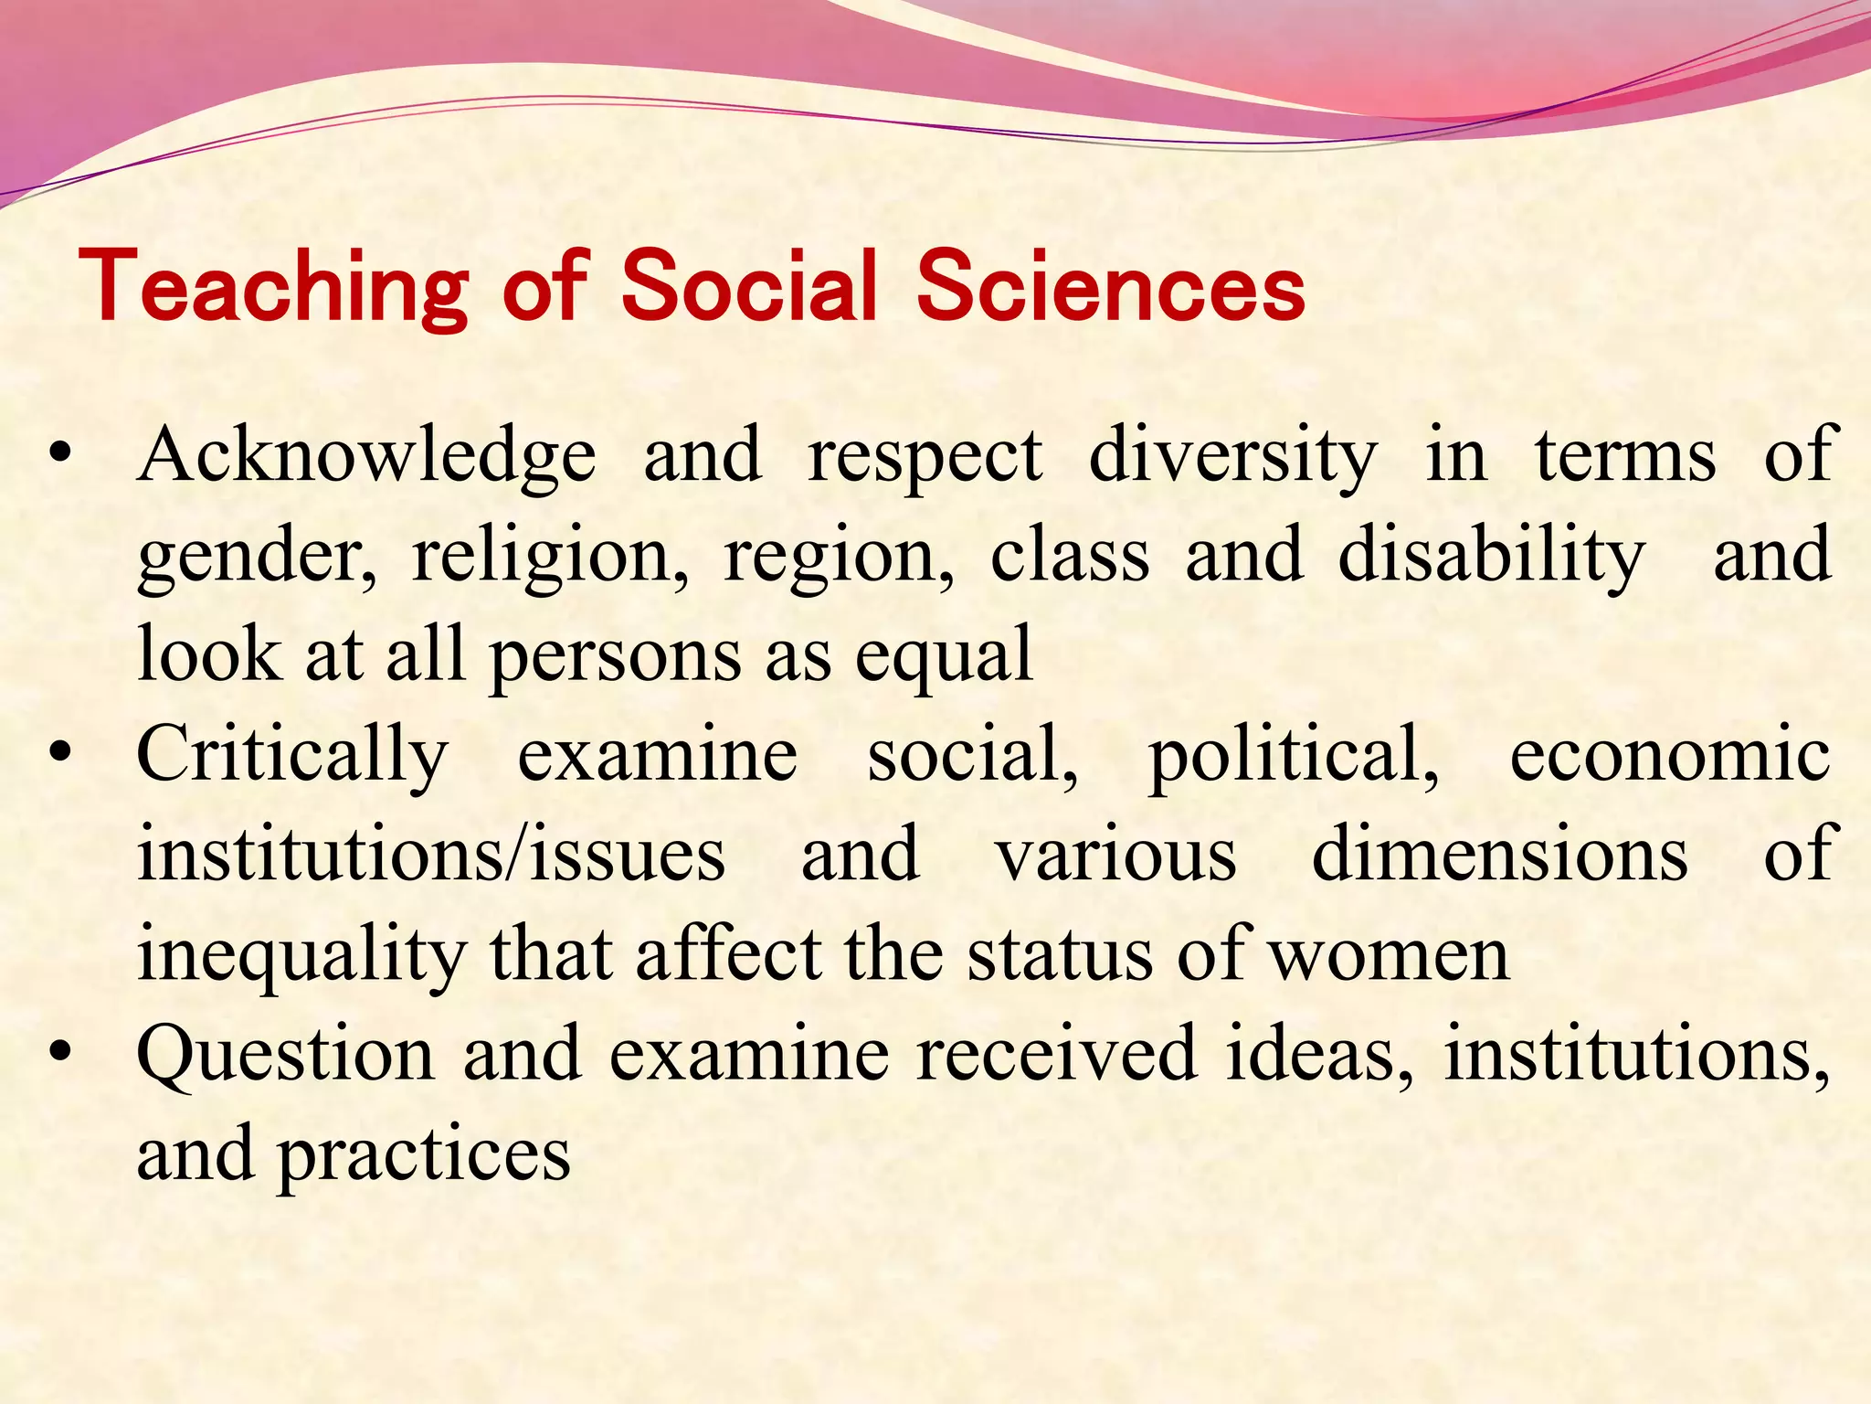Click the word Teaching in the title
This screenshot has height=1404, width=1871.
click(274, 288)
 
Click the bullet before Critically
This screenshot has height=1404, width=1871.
click(61, 755)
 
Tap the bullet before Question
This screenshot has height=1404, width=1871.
click(61, 1053)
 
